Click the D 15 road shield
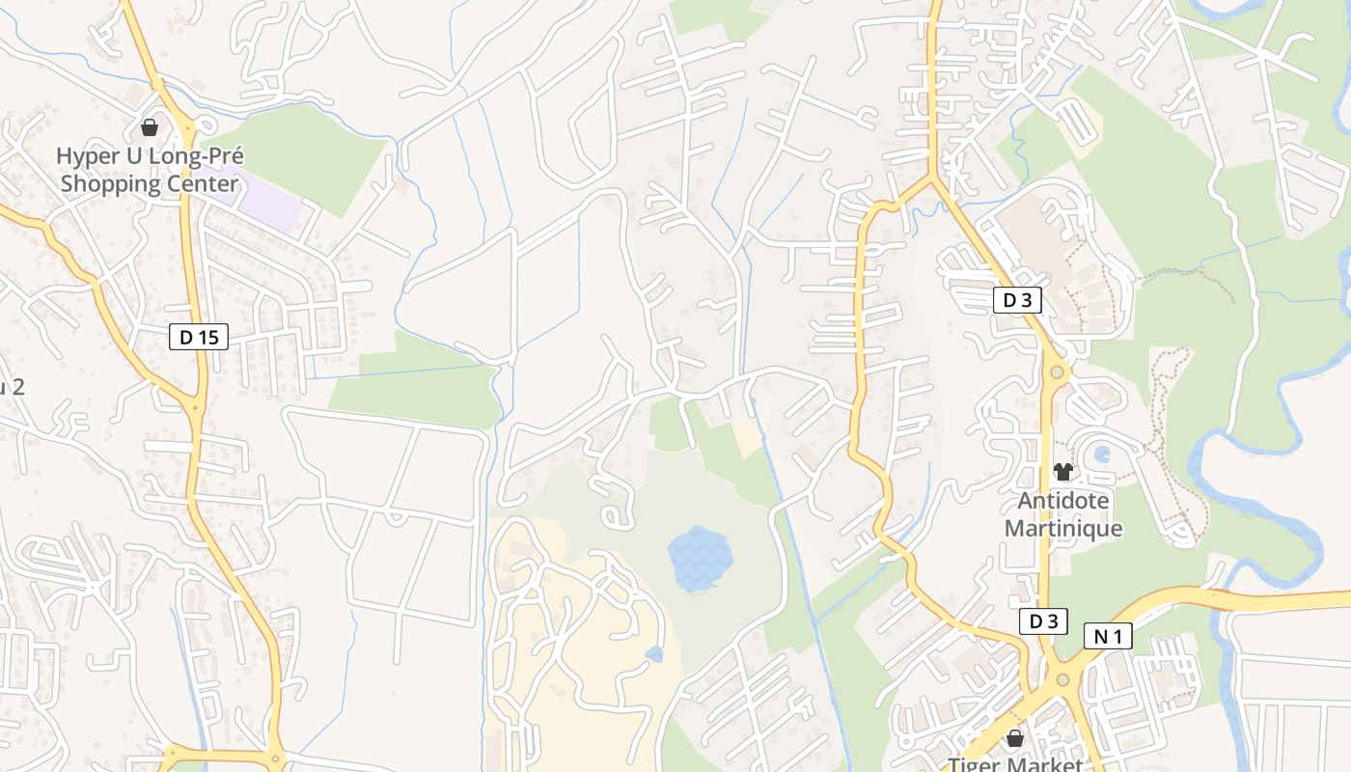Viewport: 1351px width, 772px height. point(199,337)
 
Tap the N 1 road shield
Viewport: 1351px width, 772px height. point(1107,636)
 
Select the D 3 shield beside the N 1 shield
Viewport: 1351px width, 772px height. point(1043,621)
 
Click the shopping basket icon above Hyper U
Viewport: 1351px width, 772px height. point(150,127)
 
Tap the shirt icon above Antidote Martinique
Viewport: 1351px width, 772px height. point(1063,472)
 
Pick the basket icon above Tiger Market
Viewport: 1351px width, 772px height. point(1014,739)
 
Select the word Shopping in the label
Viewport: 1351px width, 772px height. point(108,183)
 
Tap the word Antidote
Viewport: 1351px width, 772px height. point(1063,502)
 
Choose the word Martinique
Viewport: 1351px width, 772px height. point(1063,529)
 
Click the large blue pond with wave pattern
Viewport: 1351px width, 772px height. point(700,559)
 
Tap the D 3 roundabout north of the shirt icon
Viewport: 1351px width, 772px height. point(1058,372)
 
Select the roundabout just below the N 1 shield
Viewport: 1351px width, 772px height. point(1062,679)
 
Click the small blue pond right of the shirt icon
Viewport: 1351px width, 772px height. point(1103,454)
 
